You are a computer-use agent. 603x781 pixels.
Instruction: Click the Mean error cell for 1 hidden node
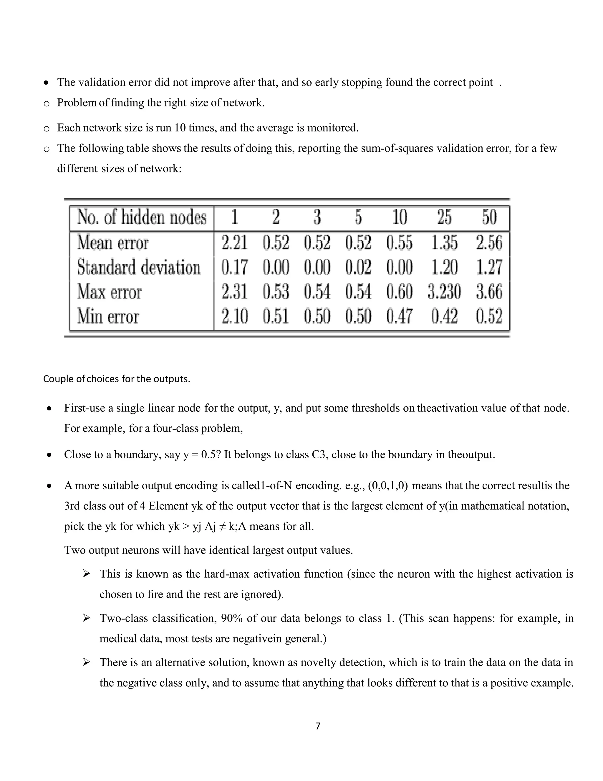(x=234, y=243)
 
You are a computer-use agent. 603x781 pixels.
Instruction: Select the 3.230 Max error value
(x=444, y=291)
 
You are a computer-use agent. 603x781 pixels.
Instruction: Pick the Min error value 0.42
(x=444, y=316)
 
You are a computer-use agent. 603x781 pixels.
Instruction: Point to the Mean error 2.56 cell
(x=489, y=243)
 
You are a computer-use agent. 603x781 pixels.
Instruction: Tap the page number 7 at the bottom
(x=318, y=726)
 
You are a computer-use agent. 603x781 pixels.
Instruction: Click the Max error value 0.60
(x=399, y=291)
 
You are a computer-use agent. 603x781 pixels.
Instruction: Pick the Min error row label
(x=108, y=316)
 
